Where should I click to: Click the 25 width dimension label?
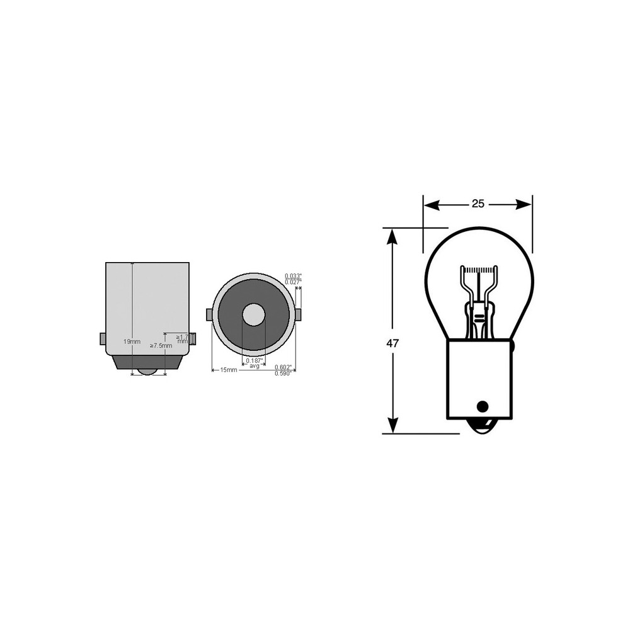pos(478,203)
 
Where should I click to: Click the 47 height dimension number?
pos(392,343)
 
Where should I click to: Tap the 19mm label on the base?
pos(132,341)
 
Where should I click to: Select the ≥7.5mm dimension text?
pos(161,346)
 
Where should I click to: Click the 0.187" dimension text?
pos(255,360)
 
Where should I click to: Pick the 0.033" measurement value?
pos(293,276)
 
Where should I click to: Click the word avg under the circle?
pos(255,366)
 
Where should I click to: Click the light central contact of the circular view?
pos(254,314)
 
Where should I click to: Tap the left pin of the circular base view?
pos(209,314)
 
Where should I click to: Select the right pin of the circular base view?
pos(299,314)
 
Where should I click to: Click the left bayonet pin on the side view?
pos(103,339)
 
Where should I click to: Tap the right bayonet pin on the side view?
pos(193,339)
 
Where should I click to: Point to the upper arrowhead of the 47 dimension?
pos(392,235)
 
